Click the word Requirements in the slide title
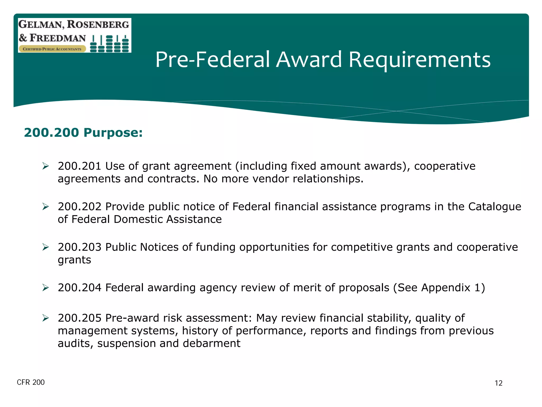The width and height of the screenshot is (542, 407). (419, 60)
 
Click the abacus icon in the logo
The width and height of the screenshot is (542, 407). (109, 44)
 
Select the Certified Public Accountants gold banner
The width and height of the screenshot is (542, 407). (52, 49)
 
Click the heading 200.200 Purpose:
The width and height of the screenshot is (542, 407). (83, 132)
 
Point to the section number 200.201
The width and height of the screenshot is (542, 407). (79, 166)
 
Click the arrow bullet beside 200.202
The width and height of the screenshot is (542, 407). (46, 207)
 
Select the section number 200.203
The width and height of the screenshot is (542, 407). (79, 247)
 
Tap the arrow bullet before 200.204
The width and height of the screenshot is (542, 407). (46, 288)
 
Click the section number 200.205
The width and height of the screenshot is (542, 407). (79, 318)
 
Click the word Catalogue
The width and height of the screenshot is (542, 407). (494, 207)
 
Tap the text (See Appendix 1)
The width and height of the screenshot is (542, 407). (439, 288)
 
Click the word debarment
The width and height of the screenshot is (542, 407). (211, 343)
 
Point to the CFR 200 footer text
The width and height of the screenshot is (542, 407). (31, 382)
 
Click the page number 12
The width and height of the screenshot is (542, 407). (498, 383)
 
